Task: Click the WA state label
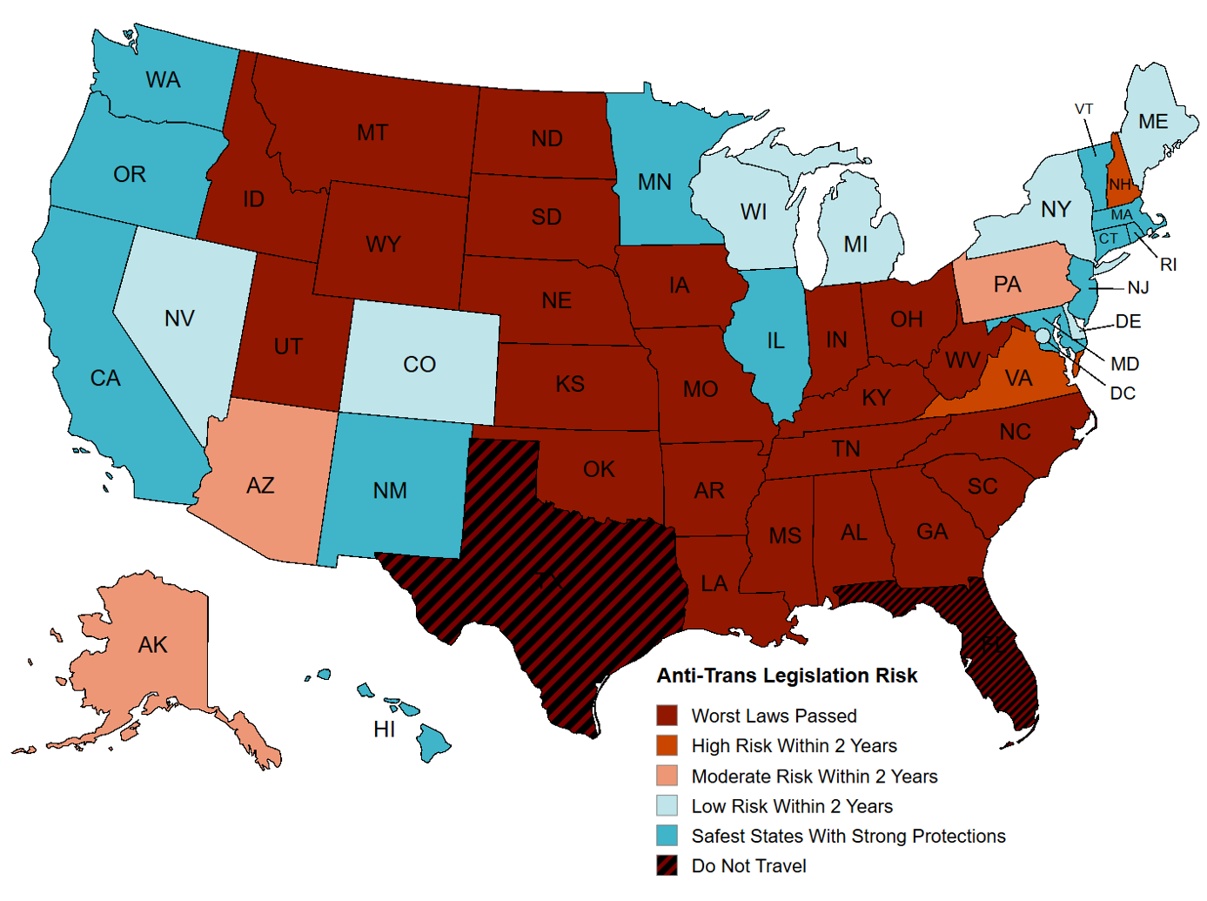coord(163,80)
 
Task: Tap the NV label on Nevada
coord(179,319)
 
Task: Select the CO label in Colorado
coord(419,365)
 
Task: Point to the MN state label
coord(654,182)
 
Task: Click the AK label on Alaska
coord(152,645)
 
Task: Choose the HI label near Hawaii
coord(385,730)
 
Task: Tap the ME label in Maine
coord(1153,122)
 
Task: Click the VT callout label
coord(1083,109)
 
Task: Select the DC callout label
coord(1123,393)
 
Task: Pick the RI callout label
coord(1168,265)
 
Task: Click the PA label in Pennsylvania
coord(1007,285)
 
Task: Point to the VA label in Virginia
coord(1018,378)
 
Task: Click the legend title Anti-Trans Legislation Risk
coord(787,676)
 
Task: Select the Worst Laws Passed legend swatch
coord(667,716)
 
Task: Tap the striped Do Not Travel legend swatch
coord(667,865)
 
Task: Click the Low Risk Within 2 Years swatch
coord(667,805)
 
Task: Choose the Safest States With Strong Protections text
coord(848,836)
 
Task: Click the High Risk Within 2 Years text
coord(794,745)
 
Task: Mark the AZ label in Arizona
coord(260,486)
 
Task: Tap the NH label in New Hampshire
coord(1119,185)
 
